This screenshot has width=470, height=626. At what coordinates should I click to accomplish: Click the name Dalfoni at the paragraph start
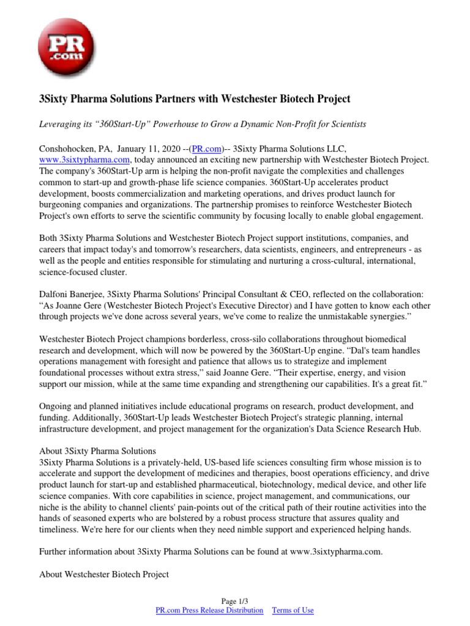point(55,295)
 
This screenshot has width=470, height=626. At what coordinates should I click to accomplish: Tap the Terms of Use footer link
point(293,610)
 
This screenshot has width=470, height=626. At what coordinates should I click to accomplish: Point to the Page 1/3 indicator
point(235,601)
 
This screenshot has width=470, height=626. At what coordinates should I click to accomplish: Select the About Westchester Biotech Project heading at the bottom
point(103,575)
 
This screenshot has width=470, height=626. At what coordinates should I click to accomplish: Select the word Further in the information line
point(54,551)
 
